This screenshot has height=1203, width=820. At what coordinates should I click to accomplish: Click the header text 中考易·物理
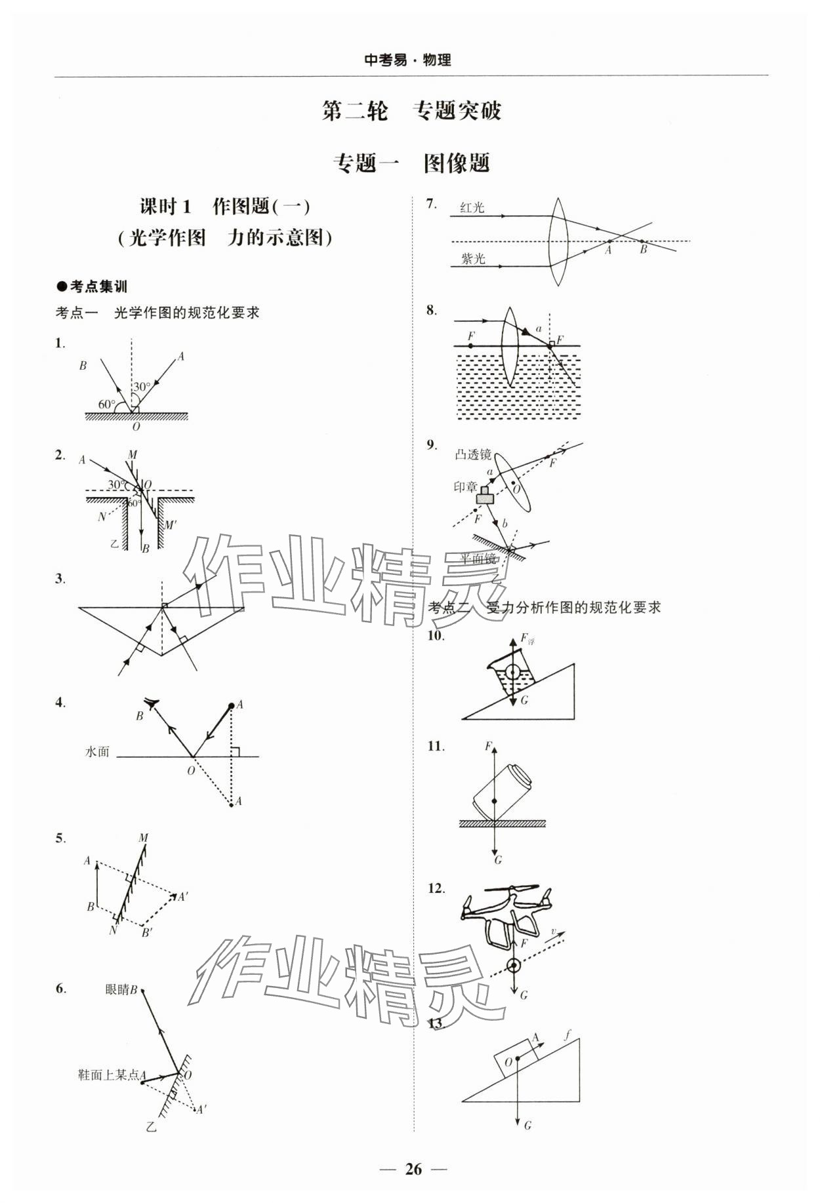coord(408,60)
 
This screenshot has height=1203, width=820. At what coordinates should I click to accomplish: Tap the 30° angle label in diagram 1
coord(142,386)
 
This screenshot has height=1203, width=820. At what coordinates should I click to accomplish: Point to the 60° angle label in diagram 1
coord(106,404)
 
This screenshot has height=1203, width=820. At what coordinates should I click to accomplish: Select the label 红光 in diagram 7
coord(472,208)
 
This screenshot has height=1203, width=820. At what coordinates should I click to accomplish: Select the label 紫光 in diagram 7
coord(472,258)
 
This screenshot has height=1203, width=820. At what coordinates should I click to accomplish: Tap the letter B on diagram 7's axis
coord(644,250)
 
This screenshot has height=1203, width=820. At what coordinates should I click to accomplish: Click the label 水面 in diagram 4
coord(97,752)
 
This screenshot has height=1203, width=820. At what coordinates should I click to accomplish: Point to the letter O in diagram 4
coord(191,771)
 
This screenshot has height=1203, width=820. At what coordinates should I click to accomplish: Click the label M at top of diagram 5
coord(143,837)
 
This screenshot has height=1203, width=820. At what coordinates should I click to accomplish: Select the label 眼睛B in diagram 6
coord(121,990)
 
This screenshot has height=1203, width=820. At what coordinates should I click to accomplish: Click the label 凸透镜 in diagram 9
coord(472,455)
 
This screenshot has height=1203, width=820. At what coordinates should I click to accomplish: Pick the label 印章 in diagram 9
coord(466,487)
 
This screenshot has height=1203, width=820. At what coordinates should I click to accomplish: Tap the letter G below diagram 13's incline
coord(527,1125)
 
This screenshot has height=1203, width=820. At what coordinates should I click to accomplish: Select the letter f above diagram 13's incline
coord(567,1035)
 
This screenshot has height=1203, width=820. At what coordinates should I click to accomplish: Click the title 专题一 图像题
coord(411,163)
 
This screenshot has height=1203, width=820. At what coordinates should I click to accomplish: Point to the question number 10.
coord(436,635)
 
